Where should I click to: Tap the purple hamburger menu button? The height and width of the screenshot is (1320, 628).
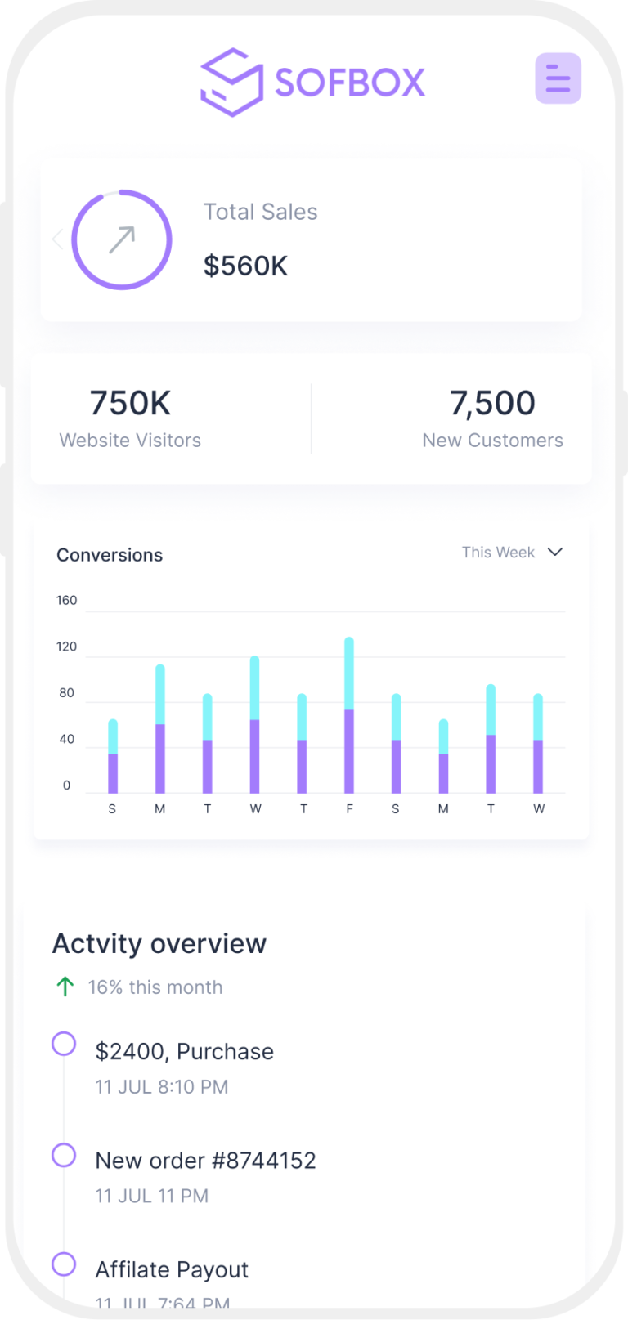click(x=558, y=78)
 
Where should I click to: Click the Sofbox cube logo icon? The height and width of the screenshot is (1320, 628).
click(x=231, y=82)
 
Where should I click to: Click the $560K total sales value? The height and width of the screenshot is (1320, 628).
click(x=245, y=266)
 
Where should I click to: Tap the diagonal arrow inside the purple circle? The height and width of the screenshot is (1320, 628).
click(x=122, y=239)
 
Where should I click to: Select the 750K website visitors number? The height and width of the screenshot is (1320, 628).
click(x=130, y=403)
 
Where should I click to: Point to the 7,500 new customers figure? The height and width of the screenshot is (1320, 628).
click(x=492, y=403)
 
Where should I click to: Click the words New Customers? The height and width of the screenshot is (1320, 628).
click(x=492, y=441)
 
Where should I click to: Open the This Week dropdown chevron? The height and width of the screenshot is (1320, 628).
click(x=555, y=552)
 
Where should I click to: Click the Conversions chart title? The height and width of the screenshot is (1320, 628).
click(x=110, y=555)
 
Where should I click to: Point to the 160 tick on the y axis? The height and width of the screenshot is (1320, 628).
click(x=66, y=600)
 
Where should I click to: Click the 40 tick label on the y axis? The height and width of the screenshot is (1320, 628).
click(x=66, y=739)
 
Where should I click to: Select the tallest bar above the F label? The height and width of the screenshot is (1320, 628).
click(x=349, y=714)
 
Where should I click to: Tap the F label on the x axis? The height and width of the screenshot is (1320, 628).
click(x=349, y=809)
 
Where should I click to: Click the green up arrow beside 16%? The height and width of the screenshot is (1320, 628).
click(x=65, y=987)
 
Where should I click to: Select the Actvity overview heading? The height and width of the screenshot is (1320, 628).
click(x=159, y=944)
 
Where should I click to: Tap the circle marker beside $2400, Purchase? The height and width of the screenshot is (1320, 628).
click(x=64, y=1044)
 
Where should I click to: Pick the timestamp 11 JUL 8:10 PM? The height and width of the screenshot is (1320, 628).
click(x=162, y=1087)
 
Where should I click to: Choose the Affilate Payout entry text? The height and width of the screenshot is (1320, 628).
click(x=172, y=1269)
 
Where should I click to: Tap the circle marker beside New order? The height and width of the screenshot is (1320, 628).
click(x=64, y=1155)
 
